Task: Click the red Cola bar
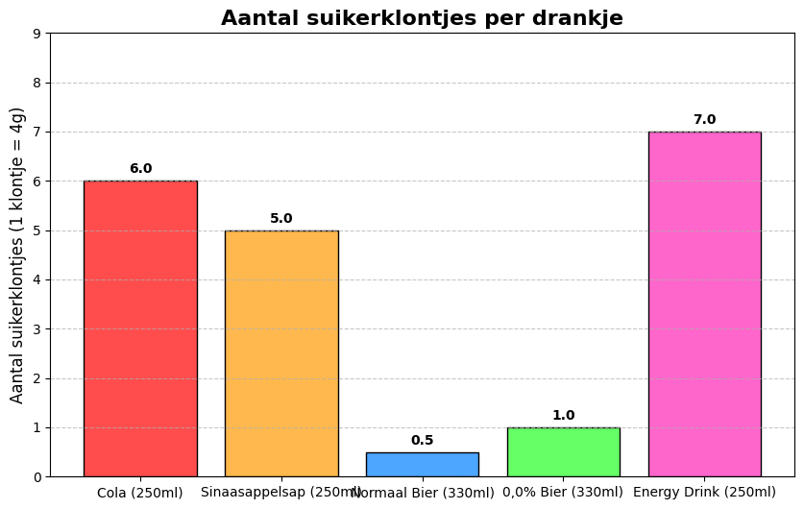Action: pos(140,328)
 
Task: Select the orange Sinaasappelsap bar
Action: pos(281,353)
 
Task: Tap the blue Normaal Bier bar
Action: pos(422,465)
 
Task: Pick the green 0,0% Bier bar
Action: pos(563,452)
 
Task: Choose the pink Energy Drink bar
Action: pos(704,303)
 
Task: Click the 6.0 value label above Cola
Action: pos(140,169)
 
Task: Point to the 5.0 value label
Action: pos(281,219)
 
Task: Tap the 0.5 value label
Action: pos(422,441)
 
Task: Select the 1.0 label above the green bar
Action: pos(563,416)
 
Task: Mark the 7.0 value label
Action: pos(704,120)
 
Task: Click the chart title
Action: pos(422,18)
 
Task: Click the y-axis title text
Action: pos(17,254)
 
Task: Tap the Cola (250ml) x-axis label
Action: pos(140,493)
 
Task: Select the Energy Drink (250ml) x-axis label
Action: pos(704,493)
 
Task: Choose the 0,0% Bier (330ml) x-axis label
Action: pos(563,493)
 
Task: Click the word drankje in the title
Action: pos(578,18)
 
